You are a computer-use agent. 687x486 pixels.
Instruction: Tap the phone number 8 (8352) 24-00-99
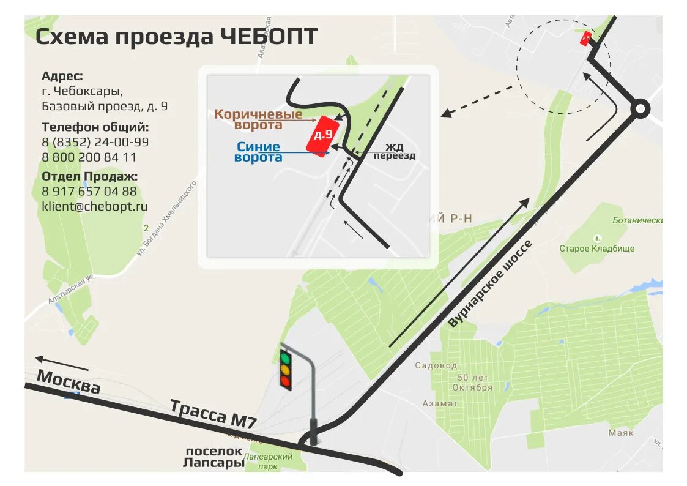[x=95, y=142]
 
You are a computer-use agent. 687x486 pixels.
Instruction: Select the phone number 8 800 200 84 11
[x=89, y=157]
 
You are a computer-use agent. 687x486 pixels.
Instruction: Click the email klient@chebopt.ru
[x=95, y=206]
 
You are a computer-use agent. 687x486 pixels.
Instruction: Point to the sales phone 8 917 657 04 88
[x=89, y=191]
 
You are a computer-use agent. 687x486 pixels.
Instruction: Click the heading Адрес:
[x=62, y=76]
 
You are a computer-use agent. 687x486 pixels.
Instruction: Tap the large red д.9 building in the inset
[x=322, y=135]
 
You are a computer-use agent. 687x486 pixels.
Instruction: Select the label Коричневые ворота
[x=258, y=119]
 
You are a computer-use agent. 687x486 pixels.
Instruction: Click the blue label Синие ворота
[x=258, y=152]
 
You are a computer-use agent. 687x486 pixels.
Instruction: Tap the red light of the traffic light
[x=285, y=382]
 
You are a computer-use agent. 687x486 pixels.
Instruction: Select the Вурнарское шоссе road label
[x=491, y=284]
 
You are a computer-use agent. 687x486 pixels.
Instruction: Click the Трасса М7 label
[x=212, y=414]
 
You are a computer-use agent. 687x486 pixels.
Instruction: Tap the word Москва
[x=69, y=382]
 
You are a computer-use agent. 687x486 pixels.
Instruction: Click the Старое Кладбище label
[x=596, y=249]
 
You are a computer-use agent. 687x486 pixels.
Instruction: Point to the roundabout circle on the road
[x=640, y=110]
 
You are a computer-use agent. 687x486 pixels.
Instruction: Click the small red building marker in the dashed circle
[x=586, y=39]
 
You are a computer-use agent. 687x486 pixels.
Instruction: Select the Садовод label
[x=436, y=365]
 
